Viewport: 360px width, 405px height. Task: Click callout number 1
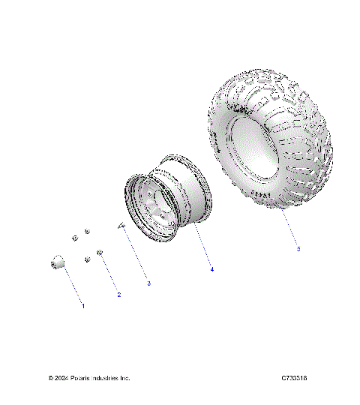point(82,307)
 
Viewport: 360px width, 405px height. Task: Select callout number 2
point(118,295)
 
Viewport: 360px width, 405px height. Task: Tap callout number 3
point(148,283)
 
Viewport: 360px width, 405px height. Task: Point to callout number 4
point(212,268)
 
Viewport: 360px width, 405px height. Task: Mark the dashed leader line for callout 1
point(72,286)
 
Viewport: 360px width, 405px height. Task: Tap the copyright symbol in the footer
point(51,378)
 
